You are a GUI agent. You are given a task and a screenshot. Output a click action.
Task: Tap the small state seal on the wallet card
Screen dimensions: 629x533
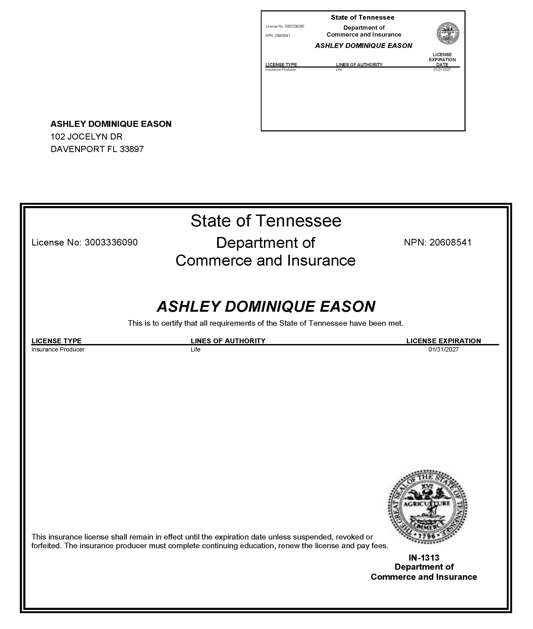(x=448, y=33)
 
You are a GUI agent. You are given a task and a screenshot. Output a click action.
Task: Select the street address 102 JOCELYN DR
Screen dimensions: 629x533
(x=86, y=137)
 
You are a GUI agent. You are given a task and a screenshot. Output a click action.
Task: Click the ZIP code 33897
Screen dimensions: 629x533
(x=132, y=149)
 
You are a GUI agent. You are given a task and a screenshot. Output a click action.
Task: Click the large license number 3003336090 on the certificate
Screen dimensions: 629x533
(x=111, y=242)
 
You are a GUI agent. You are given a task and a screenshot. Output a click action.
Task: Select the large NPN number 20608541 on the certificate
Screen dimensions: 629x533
(x=450, y=242)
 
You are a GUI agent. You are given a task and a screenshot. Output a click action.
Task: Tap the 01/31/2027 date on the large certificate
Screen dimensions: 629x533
(x=443, y=349)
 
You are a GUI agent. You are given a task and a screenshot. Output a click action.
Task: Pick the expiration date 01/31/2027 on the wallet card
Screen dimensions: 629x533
(x=442, y=70)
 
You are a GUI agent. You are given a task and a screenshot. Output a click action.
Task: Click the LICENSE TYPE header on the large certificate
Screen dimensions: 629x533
(x=57, y=341)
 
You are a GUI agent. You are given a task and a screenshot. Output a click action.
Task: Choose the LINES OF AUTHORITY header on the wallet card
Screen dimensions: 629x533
(x=359, y=64)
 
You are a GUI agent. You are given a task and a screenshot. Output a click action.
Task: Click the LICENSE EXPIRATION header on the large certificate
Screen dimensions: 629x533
(x=443, y=341)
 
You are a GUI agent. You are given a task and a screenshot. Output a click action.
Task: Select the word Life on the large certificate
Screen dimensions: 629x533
(x=195, y=349)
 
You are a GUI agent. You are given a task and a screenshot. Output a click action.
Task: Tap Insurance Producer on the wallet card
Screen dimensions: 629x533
(x=280, y=70)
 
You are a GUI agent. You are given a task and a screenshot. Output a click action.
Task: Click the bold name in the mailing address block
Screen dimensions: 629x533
(x=111, y=124)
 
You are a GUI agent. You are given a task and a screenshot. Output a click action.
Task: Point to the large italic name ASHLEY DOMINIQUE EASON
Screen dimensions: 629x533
(x=266, y=306)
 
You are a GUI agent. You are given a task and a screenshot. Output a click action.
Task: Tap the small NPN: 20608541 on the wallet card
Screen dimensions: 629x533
(x=278, y=36)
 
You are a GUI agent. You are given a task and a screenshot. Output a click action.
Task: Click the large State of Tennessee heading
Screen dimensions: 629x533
(x=266, y=221)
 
